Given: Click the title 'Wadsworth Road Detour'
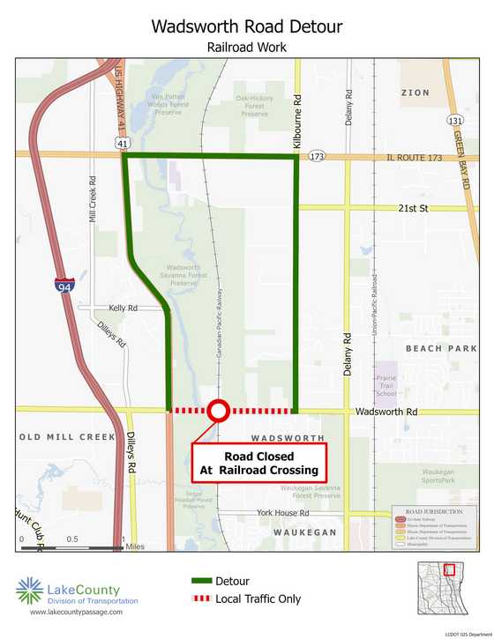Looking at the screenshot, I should click(247, 26).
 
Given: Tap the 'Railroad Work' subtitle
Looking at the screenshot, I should click(247, 47).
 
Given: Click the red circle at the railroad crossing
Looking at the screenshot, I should click(219, 410).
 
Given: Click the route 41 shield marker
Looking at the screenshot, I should click(123, 142).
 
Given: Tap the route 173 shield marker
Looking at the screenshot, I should click(317, 157).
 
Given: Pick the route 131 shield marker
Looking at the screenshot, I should click(454, 121).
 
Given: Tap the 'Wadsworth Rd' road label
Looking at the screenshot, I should click(385, 412).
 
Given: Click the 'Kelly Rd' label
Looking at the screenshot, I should click(123, 308).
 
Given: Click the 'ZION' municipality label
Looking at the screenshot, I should click(415, 93).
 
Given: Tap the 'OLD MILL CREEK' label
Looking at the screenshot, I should click(61, 437).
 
